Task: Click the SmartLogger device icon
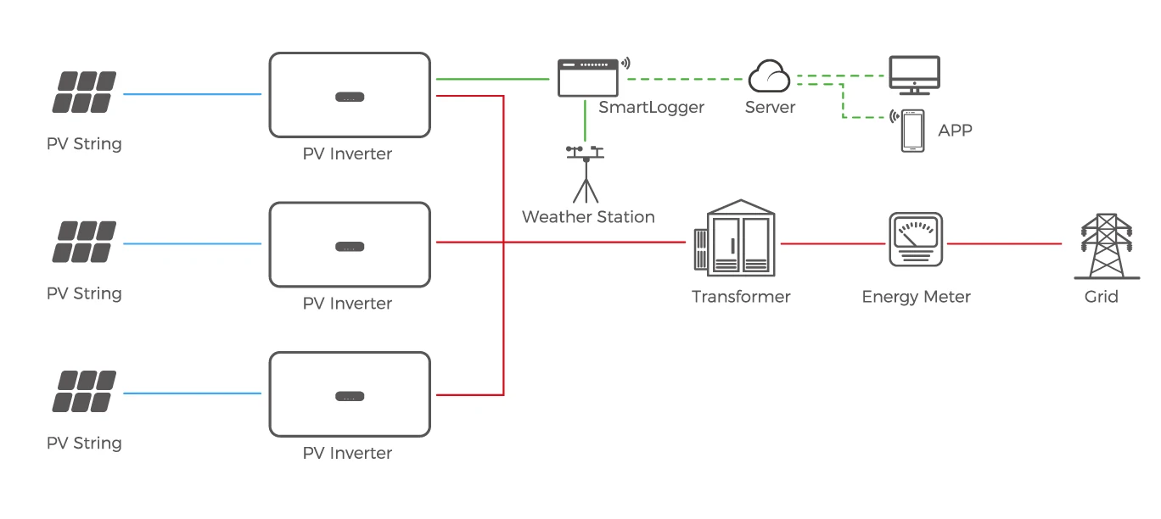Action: point(587,78)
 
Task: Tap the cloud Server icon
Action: point(769,77)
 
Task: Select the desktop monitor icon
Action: point(913,75)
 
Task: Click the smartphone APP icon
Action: point(912,131)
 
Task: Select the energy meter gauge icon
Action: point(915,241)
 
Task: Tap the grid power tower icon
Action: point(1102,247)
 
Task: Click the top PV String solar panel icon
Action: point(85,92)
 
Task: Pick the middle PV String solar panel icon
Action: point(85,242)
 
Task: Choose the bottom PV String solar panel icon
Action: point(85,392)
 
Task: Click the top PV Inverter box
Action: point(349,95)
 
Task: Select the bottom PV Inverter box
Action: point(349,394)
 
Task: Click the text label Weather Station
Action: point(588,217)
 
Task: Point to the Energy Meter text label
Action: point(916,297)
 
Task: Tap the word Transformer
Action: point(740,297)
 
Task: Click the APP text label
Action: point(955,131)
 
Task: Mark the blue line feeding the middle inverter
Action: point(192,244)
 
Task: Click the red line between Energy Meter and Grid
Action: point(1003,244)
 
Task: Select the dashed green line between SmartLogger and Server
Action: point(684,79)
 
